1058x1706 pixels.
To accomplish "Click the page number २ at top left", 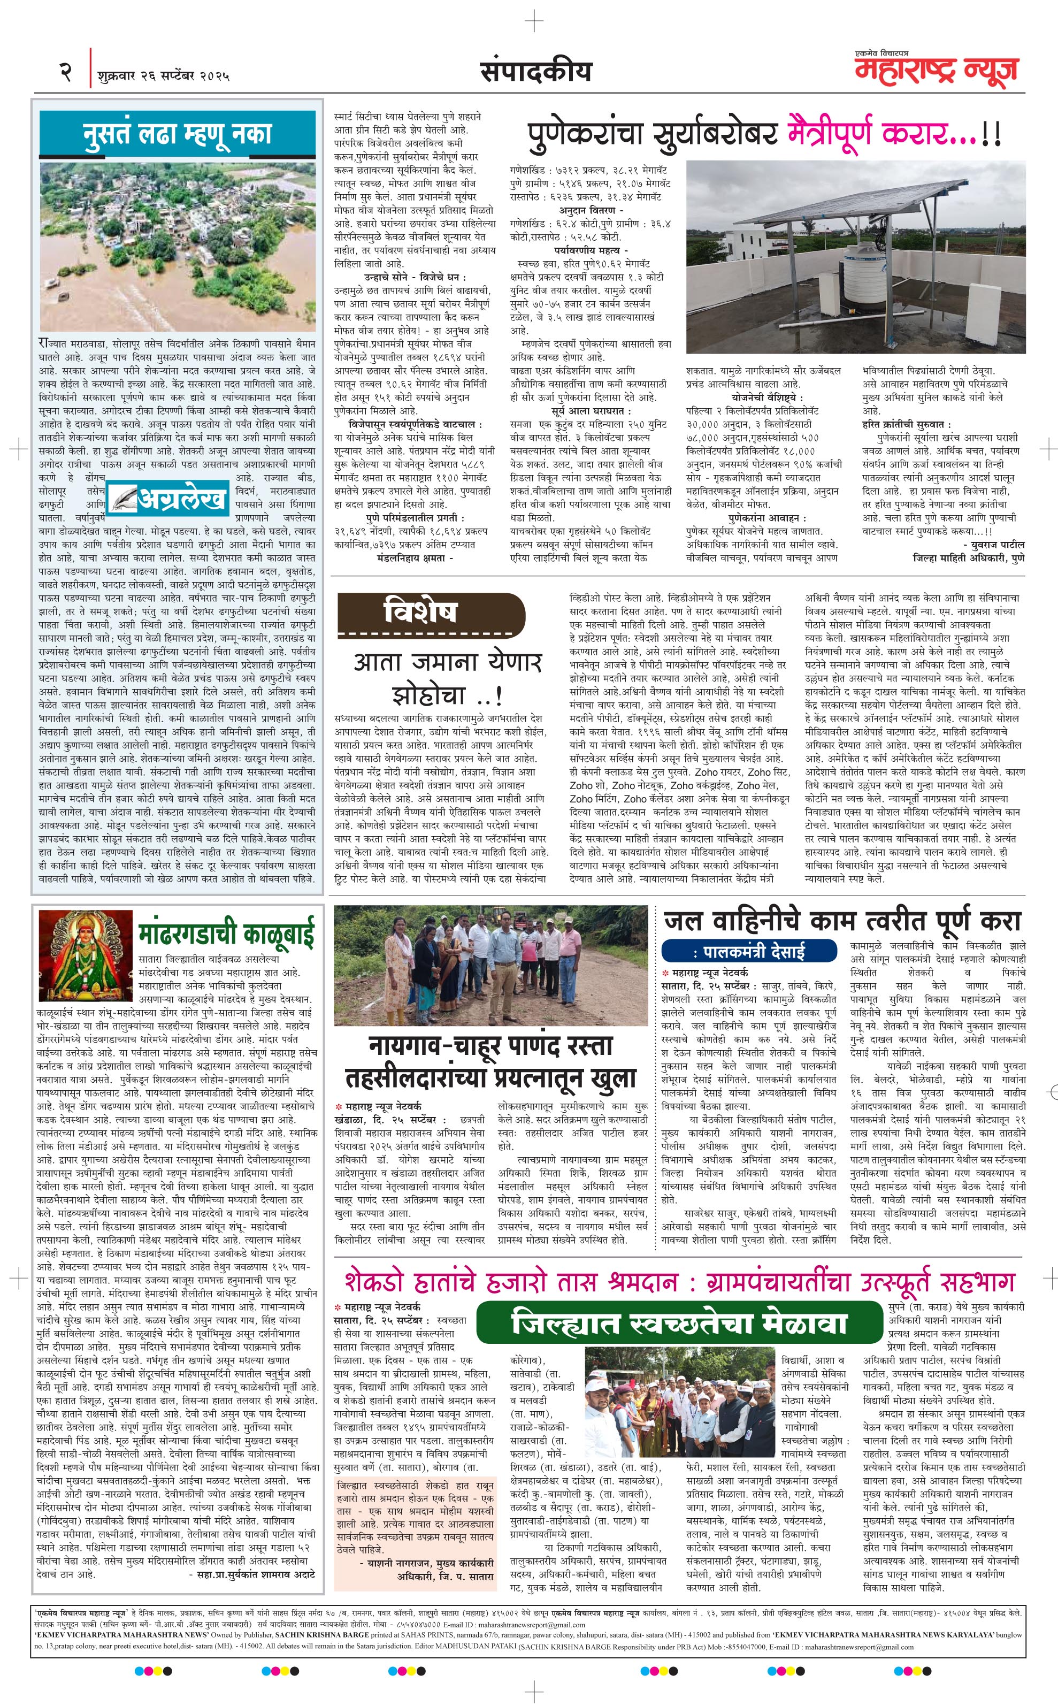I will point(66,72).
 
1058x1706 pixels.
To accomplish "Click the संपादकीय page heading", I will point(535,71).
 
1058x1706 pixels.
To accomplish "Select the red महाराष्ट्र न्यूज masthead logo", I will point(936,71).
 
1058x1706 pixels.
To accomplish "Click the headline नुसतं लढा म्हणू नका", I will point(177,133).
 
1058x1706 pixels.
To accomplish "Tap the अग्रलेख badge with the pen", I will point(168,498).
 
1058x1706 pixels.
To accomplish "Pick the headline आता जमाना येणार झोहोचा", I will point(448,678).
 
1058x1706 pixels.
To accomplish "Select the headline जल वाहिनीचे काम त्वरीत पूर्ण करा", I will point(842,921).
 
